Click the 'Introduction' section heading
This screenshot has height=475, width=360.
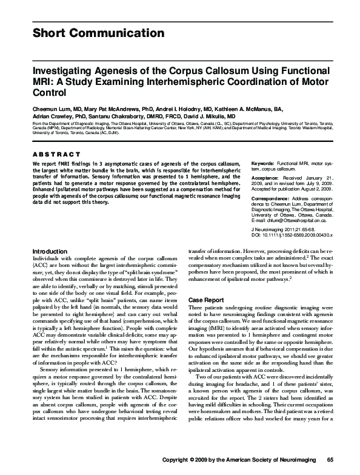pos(50,268)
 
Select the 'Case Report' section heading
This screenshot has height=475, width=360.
pos(205,300)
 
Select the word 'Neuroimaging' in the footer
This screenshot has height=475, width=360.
pos(298,459)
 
